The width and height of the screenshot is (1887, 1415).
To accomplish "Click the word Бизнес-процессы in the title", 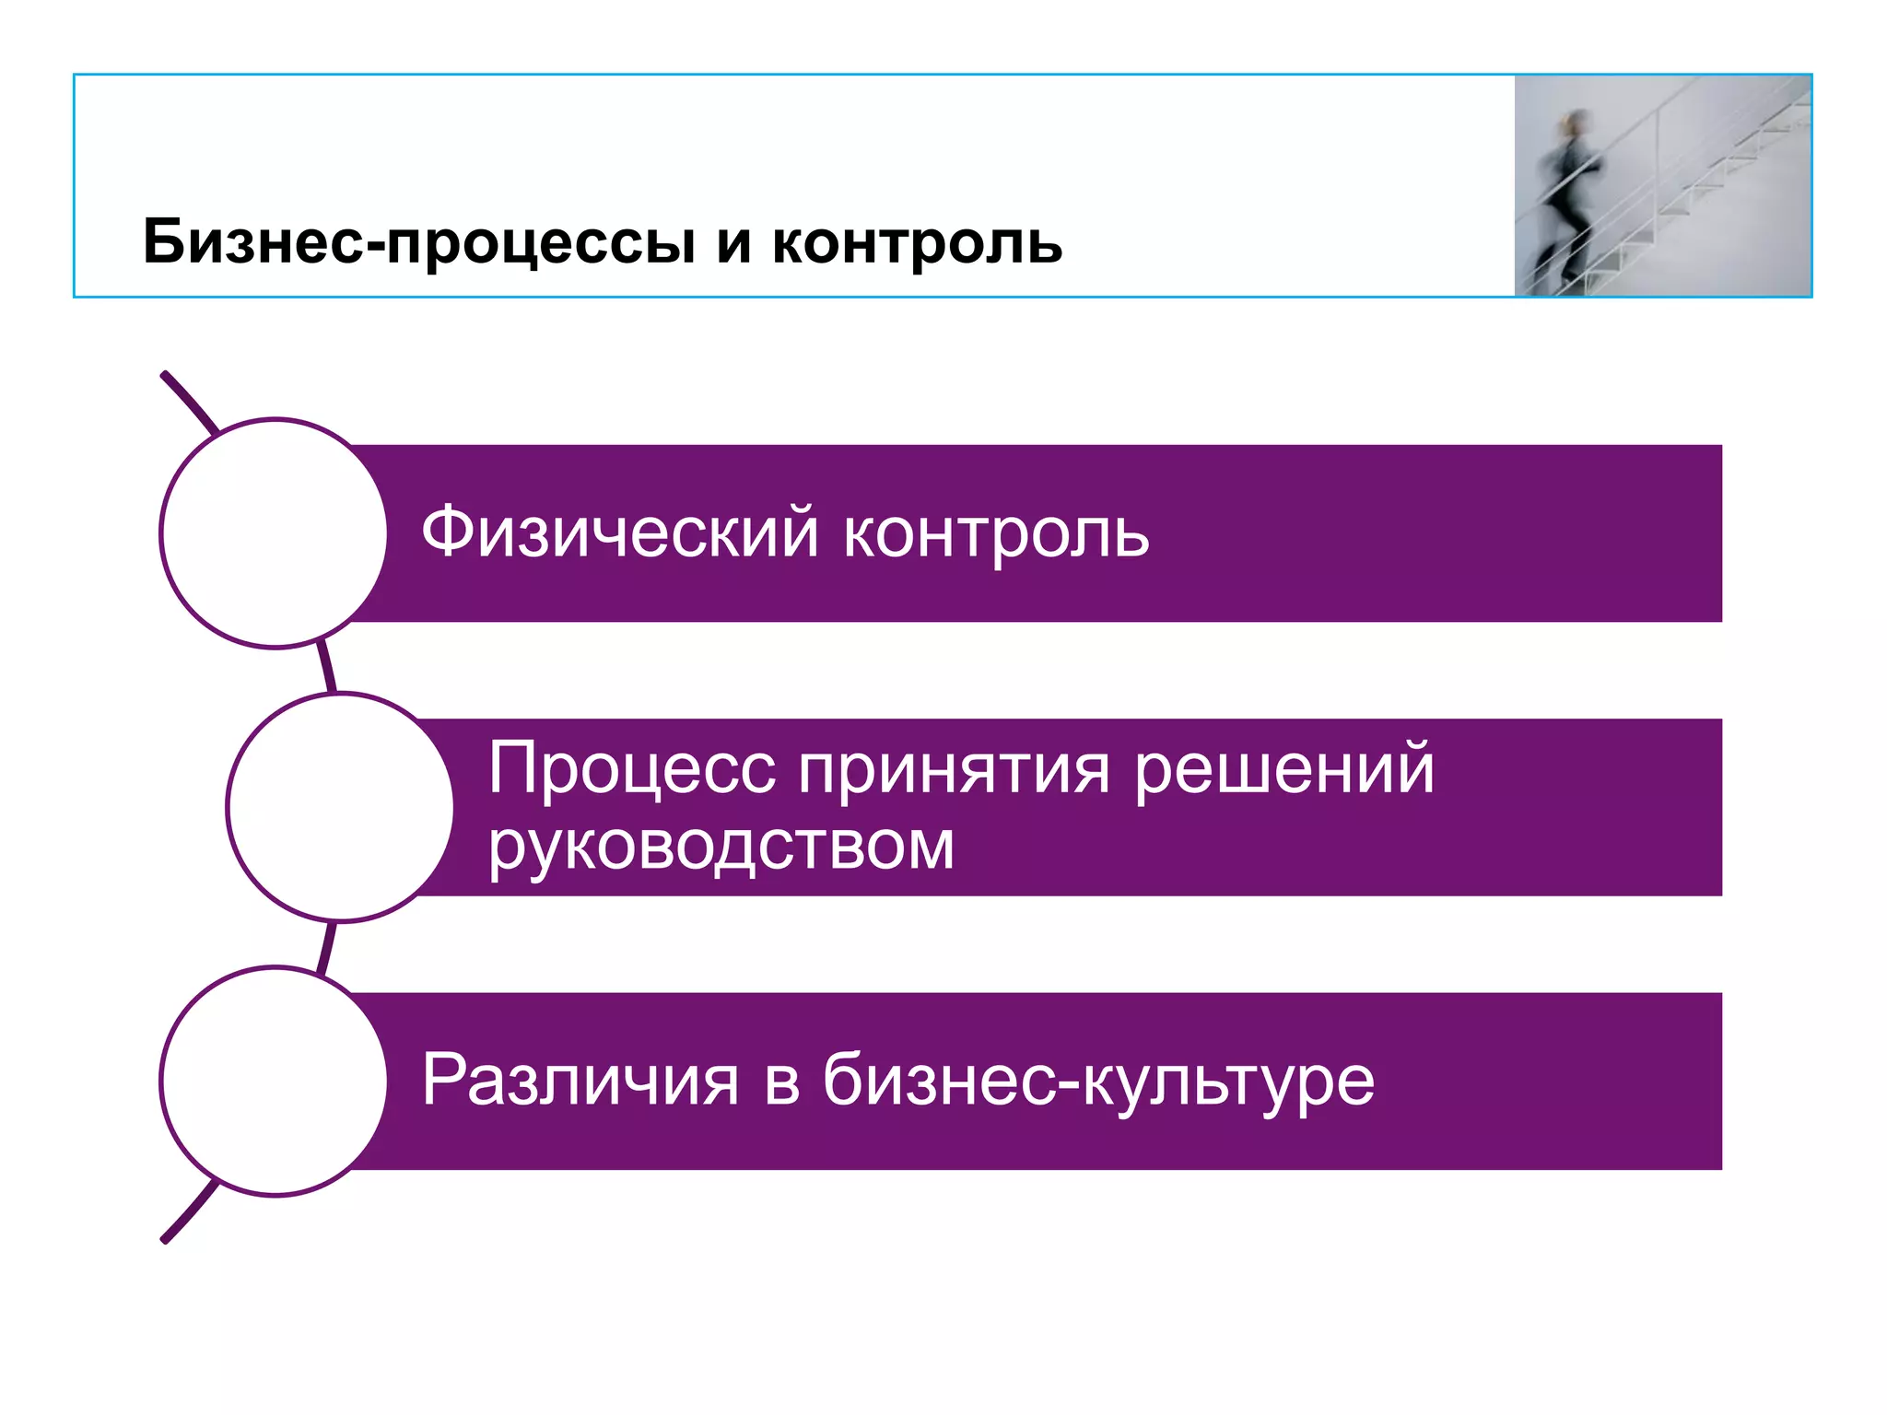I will coord(419,242).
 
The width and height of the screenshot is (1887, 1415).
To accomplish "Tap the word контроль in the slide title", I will coord(917,242).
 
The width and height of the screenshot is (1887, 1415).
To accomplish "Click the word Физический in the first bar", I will coord(619,532).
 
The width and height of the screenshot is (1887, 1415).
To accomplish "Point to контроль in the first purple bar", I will coord(996,534).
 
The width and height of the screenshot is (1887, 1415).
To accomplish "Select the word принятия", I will coord(954,770).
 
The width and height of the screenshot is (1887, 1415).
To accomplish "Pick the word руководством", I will coord(721,846).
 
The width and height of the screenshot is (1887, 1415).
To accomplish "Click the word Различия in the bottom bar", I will coord(580,1080).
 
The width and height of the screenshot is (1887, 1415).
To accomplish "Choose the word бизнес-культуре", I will coord(1098,1080).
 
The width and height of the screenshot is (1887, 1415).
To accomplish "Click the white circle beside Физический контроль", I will coord(275,533).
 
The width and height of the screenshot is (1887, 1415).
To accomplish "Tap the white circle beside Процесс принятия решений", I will coord(341,807).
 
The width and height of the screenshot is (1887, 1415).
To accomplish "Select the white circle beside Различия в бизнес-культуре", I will coord(275,1081).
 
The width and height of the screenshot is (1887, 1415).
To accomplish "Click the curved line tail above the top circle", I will coord(189,401).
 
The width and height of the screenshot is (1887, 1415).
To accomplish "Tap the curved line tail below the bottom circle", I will coord(189,1213).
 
